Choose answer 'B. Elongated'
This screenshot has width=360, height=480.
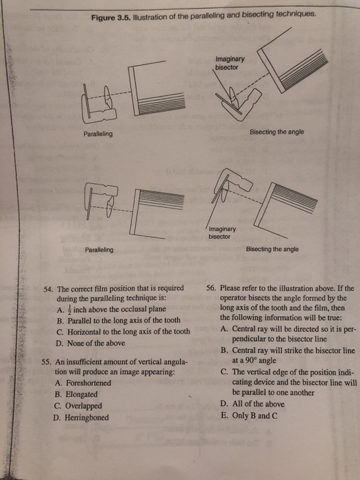coord(77,394)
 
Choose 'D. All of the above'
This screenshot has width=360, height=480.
coord(252,405)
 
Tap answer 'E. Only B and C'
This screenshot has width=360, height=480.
coord(249,416)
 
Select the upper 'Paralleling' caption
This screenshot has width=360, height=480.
coord(99,134)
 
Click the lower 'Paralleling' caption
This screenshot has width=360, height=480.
coord(99,250)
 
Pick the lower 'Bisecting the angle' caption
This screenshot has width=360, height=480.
coord(272,250)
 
